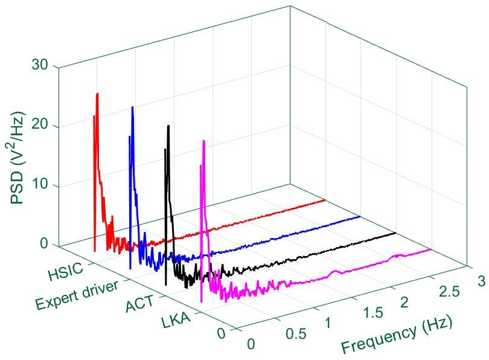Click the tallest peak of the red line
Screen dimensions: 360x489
tap(97, 94)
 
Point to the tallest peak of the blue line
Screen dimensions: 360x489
tap(132, 108)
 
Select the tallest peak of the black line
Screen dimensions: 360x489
tap(168, 126)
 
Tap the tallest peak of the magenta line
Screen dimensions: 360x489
tap(204, 141)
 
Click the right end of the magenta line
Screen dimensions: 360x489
tap(431, 249)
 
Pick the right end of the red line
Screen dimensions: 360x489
tap(325, 199)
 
